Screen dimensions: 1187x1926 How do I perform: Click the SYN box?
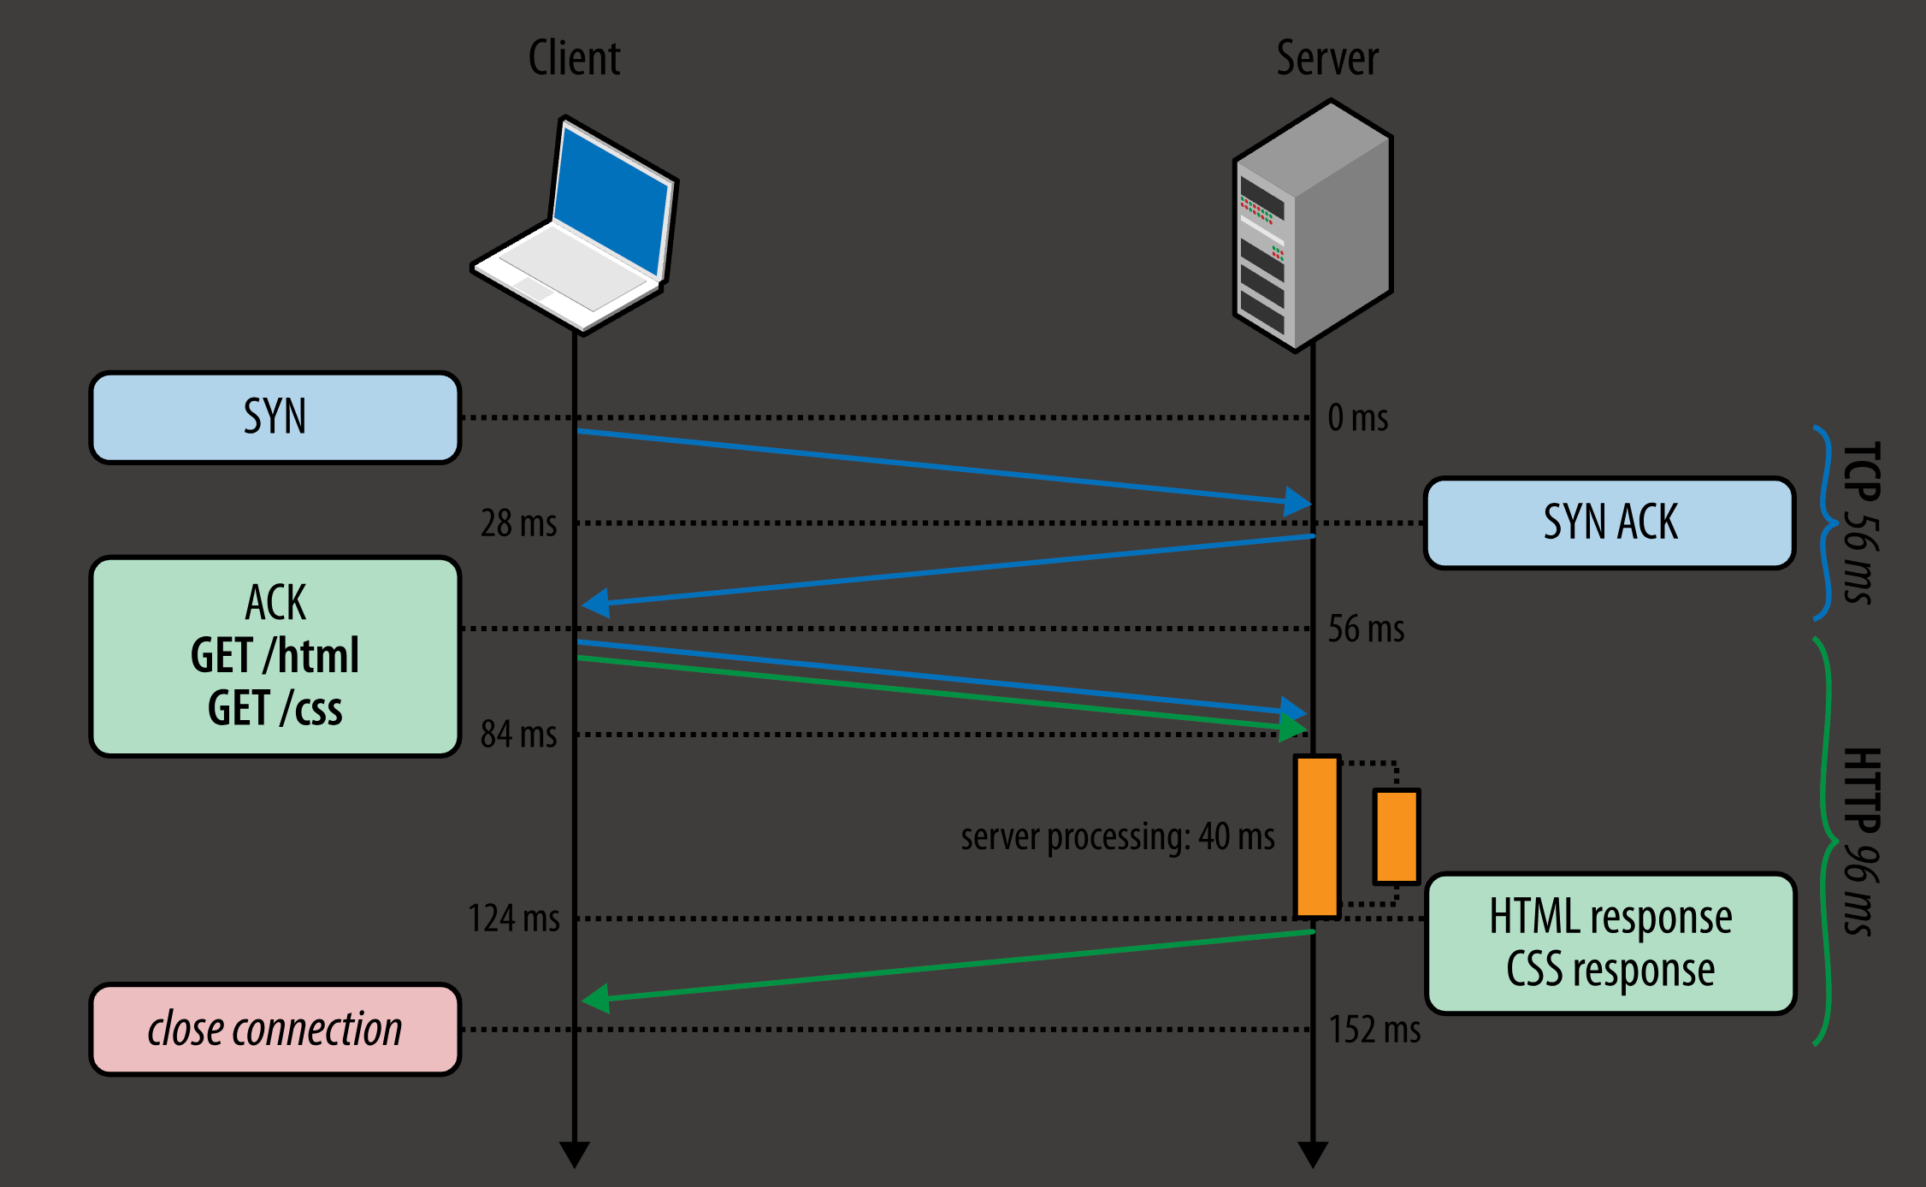click(x=275, y=417)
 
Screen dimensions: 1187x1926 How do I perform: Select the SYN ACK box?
click(x=1610, y=523)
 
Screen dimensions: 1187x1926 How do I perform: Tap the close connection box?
click(x=275, y=1029)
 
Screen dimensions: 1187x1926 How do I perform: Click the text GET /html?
click(x=275, y=656)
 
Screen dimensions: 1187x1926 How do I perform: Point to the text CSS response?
click(x=1610, y=970)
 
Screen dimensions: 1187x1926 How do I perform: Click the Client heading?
click(x=574, y=58)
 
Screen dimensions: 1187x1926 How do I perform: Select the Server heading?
click(x=1327, y=58)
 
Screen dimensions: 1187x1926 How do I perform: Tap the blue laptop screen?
click(x=611, y=205)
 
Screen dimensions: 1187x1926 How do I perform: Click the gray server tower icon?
click(x=1314, y=226)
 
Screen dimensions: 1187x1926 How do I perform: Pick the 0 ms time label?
click(x=1357, y=418)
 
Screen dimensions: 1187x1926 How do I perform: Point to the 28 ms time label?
click(x=518, y=523)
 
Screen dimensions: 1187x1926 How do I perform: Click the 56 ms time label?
click(x=1366, y=629)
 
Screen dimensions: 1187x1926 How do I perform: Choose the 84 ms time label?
click(x=518, y=735)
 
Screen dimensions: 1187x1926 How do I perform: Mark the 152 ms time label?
click(x=1374, y=1030)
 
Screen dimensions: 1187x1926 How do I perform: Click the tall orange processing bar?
click(x=1317, y=836)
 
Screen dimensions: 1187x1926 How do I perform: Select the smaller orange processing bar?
click(x=1396, y=836)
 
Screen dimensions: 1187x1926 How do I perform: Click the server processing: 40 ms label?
click(x=1117, y=836)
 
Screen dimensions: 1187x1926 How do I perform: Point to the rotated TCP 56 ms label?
click(x=1861, y=523)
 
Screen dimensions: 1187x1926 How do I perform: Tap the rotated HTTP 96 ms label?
click(x=1861, y=842)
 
